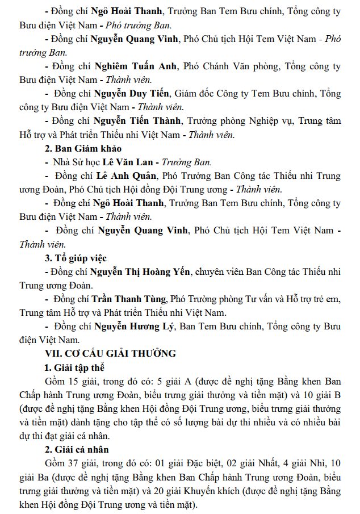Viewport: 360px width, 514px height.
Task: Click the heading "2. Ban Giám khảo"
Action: point(83,148)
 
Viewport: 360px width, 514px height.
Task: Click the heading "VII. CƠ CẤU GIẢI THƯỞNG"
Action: point(110,353)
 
